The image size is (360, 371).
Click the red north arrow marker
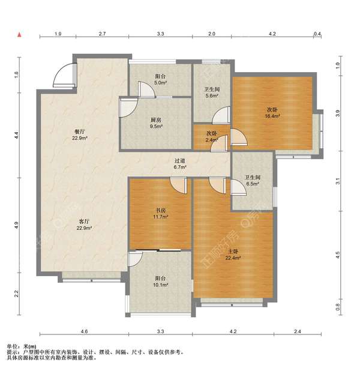20,35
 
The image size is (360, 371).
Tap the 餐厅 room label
80,134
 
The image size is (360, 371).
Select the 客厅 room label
84,225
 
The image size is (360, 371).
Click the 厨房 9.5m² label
156,123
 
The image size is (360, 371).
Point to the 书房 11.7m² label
161,214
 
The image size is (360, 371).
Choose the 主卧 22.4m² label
233,255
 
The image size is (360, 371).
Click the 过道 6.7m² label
180,164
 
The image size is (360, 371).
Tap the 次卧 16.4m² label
272,113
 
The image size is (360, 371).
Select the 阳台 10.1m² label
161,282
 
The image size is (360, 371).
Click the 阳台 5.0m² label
161,79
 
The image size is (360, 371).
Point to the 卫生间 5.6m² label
212,92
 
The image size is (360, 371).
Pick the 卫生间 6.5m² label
253,180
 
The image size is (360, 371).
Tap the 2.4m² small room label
212,136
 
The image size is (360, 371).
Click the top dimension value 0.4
317,34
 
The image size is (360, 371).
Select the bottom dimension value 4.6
84,331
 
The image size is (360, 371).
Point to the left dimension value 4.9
16,225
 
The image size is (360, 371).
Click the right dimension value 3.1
338,181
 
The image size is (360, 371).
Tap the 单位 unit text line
22,346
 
